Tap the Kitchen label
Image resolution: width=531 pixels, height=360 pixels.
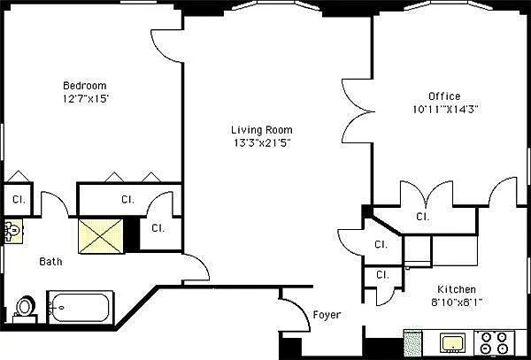(x=457, y=289)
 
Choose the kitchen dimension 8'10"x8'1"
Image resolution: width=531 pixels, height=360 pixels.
(x=457, y=302)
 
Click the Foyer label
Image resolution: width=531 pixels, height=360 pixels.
(x=327, y=315)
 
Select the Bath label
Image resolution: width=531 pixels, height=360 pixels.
(x=50, y=262)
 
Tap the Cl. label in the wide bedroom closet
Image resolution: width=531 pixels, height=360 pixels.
(x=127, y=199)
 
